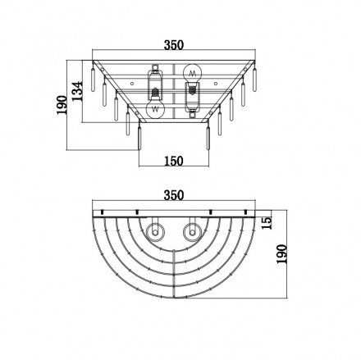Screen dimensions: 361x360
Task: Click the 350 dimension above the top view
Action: pos(174,45)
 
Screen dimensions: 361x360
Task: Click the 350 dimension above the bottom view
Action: pos(174,195)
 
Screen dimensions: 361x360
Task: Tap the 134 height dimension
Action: pos(77,91)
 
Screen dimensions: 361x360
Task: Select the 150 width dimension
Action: pos(174,161)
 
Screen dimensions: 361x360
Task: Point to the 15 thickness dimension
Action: pos(267,223)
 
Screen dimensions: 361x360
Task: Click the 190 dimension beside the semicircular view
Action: pos(282,254)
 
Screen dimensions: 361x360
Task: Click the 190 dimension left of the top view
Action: pos(62,105)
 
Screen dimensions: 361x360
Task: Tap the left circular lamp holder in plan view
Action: pos(155,232)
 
